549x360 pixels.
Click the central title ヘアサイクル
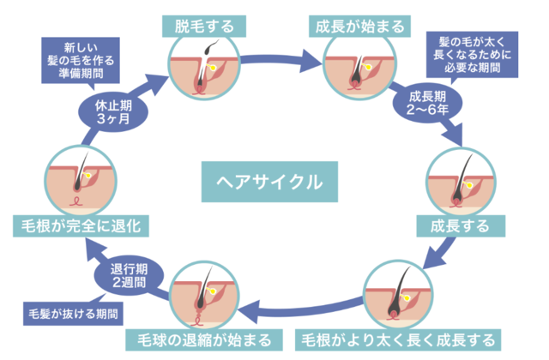[x=272, y=183]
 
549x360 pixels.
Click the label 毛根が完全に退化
[x=81, y=226]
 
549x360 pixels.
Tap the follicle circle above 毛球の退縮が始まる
[x=204, y=296]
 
